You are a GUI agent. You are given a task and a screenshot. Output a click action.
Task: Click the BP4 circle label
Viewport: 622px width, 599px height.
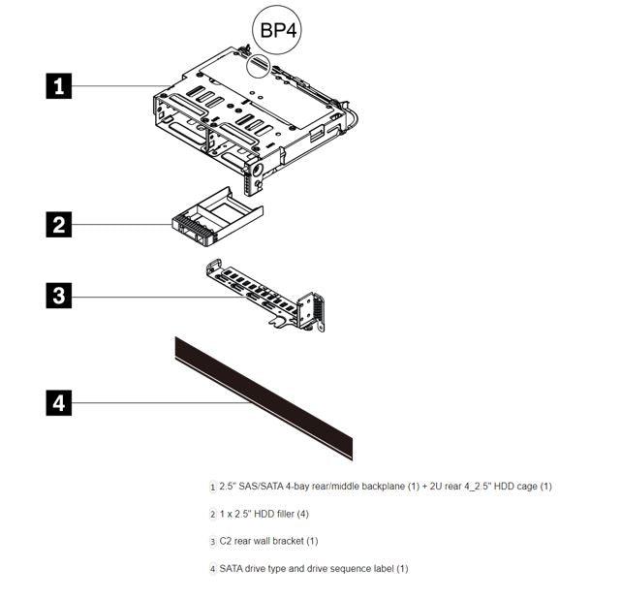pyautogui.click(x=276, y=29)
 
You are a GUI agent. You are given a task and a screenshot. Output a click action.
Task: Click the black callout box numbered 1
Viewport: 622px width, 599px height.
pyautogui.click(x=59, y=85)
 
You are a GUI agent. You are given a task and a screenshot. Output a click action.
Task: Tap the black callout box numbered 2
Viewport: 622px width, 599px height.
pyautogui.click(x=59, y=225)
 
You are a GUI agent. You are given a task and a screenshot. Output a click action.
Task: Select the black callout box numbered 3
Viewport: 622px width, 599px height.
pyautogui.click(x=59, y=295)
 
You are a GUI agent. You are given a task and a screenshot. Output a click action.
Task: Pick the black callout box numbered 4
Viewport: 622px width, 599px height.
pyautogui.click(x=59, y=402)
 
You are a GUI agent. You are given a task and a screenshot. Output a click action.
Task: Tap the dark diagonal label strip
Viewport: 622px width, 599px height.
pyautogui.click(x=264, y=397)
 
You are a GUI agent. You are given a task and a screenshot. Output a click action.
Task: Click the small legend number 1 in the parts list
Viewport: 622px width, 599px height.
pyautogui.click(x=213, y=487)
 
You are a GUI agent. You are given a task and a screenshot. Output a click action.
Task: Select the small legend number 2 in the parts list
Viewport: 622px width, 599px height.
pyautogui.click(x=213, y=515)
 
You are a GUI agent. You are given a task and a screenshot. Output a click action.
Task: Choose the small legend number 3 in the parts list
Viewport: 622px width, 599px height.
pyautogui.click(x=213, y=542)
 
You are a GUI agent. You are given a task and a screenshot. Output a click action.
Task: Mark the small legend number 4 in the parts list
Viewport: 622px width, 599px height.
pyautogui.click(x=213, y=569)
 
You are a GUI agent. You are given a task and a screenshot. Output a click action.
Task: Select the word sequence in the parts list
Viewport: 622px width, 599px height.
pyautogui.click(x=344, y=568)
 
